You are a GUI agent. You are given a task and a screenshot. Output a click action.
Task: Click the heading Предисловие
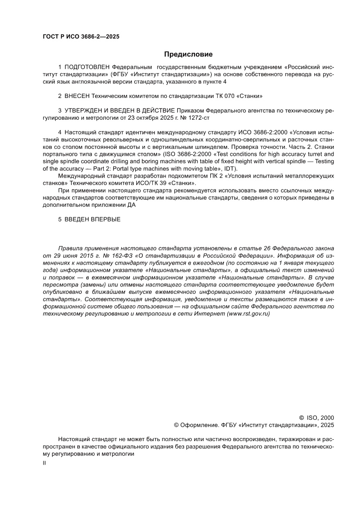tap(188, 54)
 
